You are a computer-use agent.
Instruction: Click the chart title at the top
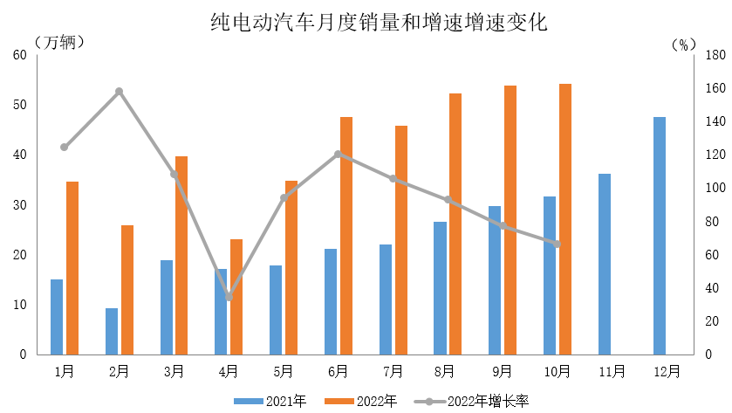click(379, 22)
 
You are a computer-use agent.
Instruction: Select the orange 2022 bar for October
click(565, 219)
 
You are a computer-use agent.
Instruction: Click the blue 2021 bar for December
click(659, 236)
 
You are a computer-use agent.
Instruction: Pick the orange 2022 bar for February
click(127, 290)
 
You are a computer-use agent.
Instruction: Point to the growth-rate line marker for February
click(120, 92)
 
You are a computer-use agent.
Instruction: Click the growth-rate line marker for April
click(229, 298)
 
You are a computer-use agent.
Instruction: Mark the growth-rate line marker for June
click(338, 155)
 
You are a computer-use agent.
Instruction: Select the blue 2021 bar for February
click(112, 332)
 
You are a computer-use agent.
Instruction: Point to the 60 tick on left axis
click(20, 55)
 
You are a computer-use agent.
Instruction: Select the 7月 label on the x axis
click(393, 371)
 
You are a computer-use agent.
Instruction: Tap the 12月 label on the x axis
click(667, 371)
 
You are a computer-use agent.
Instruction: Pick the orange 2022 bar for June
click(346, 236)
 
